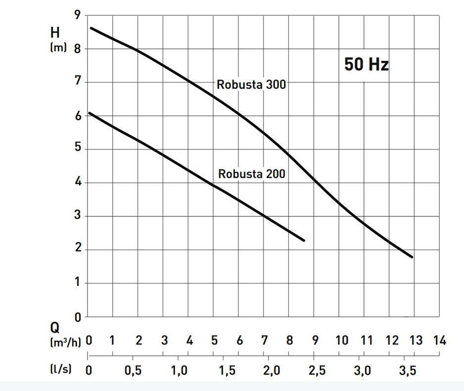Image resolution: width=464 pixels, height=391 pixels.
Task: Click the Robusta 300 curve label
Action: (x=251, y=85)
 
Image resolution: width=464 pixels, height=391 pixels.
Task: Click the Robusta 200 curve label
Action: (x=252, y=174)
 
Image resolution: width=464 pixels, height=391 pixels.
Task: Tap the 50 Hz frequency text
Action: (x=367, y=65)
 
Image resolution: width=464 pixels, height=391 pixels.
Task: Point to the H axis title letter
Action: (x=55, y=33)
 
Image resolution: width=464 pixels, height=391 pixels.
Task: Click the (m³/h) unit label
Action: (x=65, y=342)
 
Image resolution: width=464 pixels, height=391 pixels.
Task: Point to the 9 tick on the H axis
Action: (x=77, y=15)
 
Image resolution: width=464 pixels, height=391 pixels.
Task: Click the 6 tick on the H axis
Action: (x=77, y=116)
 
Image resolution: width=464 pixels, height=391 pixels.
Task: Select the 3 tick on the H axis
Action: (x=77, y=216)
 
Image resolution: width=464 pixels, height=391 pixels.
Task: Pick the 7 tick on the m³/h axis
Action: (x=264, y=341)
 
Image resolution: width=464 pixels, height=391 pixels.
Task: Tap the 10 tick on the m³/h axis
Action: (x=341, y=341)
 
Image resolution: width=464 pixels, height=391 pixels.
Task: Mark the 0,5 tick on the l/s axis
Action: (x=133, y=371)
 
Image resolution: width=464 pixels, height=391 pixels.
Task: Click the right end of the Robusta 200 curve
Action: (x=304, y=241)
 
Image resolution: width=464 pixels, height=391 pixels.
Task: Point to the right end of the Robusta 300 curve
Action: (x=412, y=257)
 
